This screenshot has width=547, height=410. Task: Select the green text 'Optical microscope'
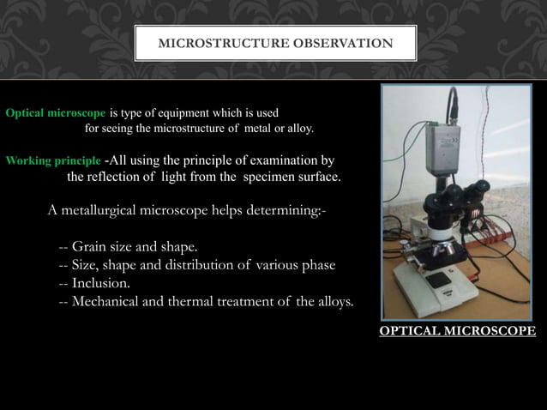(57, 113)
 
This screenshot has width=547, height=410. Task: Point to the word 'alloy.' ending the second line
(298, 130)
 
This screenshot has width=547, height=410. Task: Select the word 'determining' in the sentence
(280, 211)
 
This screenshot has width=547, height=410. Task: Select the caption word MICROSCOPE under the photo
(495, 331)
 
